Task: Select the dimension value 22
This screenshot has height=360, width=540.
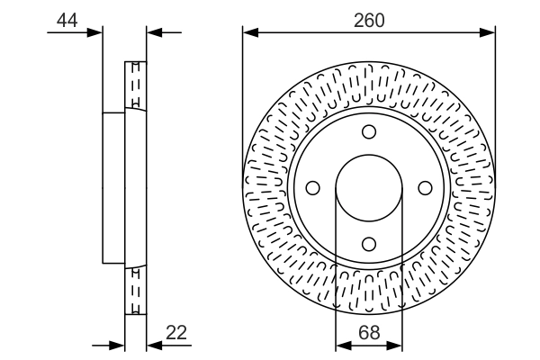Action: point(175,332)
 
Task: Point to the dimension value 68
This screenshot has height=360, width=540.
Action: point(369,332)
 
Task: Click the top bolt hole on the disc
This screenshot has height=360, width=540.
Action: point(369,132)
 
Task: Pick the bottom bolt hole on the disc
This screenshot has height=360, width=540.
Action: point(369,243)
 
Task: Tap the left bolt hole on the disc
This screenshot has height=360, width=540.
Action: point(313,188)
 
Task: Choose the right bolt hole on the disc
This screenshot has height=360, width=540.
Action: point(425,188)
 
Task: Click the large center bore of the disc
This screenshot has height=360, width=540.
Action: point(369,188)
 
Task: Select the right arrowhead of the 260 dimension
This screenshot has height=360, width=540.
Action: point(489,32)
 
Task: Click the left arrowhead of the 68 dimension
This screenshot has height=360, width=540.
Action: point(342,344)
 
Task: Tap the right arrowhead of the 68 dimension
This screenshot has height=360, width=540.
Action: point(396,344)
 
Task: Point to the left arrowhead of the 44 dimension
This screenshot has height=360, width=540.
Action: point(96,32)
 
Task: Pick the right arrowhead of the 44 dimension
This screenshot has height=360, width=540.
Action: point(152,32)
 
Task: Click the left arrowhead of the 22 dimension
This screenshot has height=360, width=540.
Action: point(118,344)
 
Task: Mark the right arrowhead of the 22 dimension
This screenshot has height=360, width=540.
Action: point(152,344)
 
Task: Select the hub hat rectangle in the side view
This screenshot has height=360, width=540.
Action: point(113,188)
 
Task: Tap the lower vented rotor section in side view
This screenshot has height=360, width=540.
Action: point(135,290)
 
